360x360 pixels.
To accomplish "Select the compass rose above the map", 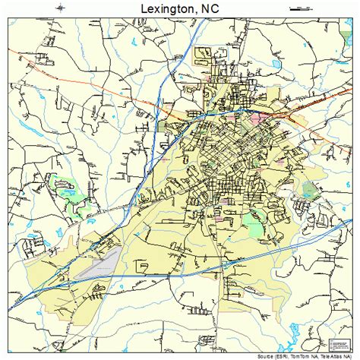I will coord(60,8).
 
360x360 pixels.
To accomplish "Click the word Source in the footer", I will coord(267,355).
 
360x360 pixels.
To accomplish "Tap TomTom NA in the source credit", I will coord(308,355).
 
